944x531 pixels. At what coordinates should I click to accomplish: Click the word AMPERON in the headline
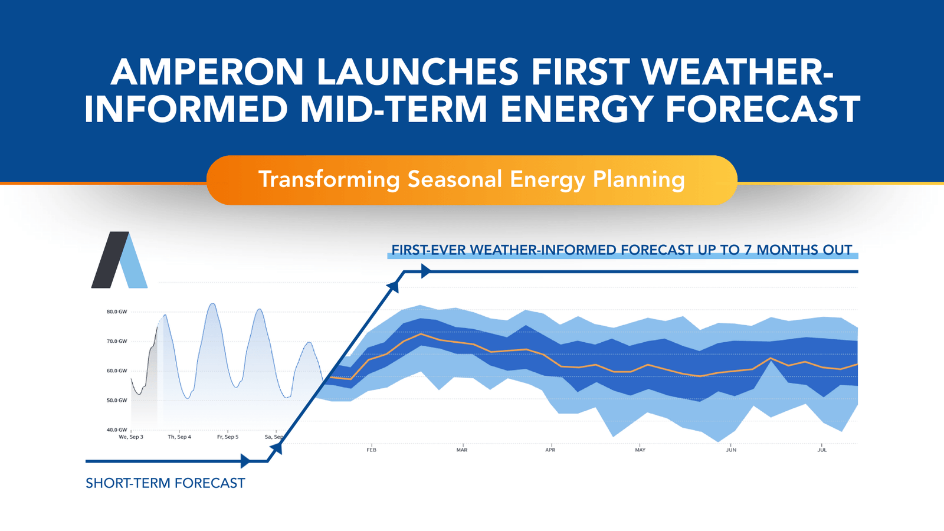(206, 72)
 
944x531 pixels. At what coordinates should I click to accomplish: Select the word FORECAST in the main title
(762, 110)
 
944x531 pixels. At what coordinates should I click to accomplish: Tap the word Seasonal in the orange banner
(455, 179)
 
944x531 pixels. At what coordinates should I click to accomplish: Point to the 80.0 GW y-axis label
(117, 312)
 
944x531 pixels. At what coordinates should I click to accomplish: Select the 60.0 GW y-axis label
(117, 371)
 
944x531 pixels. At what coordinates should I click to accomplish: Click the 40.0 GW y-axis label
(117, 430)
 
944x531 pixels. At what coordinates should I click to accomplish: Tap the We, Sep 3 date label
(131, 437)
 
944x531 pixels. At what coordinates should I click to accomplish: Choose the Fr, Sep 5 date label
(228, 437)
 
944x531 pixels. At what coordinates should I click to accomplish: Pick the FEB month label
(371, 450)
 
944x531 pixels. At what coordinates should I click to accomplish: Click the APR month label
(550, 450)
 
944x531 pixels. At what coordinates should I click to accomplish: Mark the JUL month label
(822, 450)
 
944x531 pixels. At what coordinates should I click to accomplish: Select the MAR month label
(462, 450)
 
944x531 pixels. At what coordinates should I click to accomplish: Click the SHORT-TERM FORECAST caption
(165, 483)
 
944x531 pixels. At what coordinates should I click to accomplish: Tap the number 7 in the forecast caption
(748, 250)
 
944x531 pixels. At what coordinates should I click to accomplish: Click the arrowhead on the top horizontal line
(426, 271)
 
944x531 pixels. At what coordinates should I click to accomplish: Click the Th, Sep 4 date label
(179, 437)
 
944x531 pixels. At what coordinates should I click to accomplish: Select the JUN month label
(731, 450)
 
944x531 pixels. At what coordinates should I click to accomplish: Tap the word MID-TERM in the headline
(394, 110)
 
